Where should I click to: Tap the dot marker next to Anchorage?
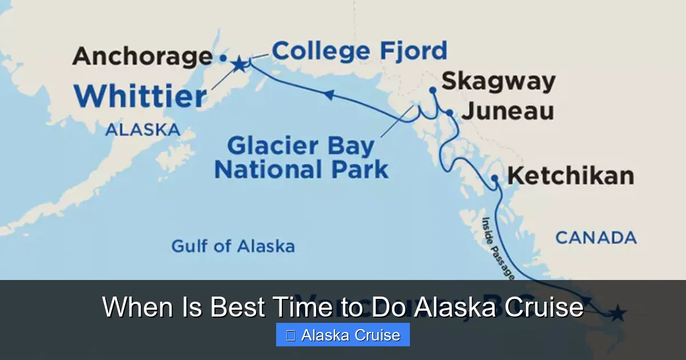pos(223,58)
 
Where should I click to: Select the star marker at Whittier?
pos(239,64)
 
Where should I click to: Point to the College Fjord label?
pos(359,51)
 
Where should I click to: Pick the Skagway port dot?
pos(433,90)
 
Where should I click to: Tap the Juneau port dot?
pos(450,113)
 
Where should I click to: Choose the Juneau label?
pos(508,111)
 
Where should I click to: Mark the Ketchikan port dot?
pos(495,179)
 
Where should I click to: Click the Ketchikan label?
pos(571,176)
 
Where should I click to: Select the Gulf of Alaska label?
pos(233,246)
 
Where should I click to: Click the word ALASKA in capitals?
pos(142,130)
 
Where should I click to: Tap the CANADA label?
pos(596,237)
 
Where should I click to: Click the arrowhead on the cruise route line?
pos(329,95)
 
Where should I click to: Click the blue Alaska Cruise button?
pos(343,335)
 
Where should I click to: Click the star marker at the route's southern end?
pos(617,314)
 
